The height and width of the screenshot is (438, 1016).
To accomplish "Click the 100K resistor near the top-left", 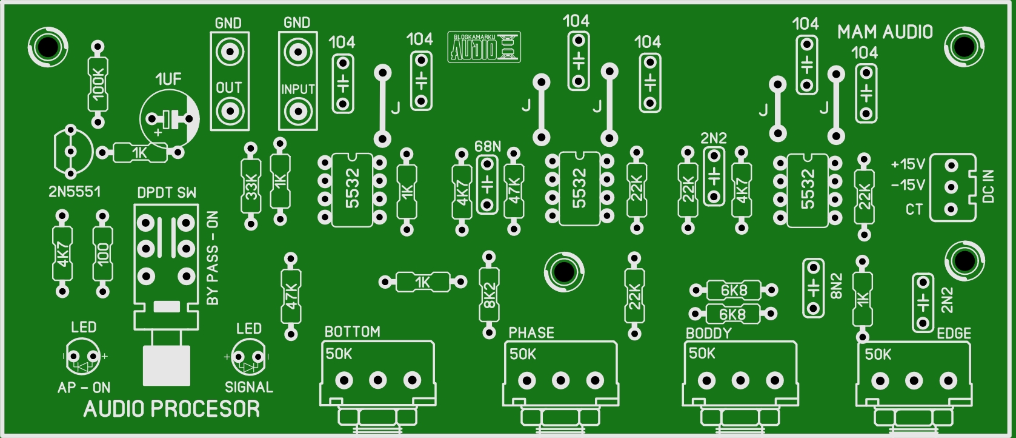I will tap(98, 84).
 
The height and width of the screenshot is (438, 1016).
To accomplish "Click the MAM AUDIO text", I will tap(885, 32).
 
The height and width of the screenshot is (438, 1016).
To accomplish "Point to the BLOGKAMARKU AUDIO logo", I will tap(484, 47).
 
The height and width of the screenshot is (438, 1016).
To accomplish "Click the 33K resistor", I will tap(250, 186).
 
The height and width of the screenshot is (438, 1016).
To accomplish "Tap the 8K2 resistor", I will tap(490, 295).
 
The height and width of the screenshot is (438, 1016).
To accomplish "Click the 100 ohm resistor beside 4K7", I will tap(102, 254).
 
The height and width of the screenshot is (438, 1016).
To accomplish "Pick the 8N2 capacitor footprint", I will tap(813, 288).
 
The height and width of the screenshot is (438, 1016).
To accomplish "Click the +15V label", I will tap(908, 164).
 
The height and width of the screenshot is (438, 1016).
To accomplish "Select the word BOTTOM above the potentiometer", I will tap(353, 332).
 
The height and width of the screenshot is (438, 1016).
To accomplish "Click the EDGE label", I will tap(954, 333).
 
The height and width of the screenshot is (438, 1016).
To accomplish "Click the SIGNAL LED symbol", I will tap(248, 358).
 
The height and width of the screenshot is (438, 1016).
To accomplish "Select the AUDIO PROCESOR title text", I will tap(171, 409).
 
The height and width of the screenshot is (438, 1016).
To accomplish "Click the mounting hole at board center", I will tap(563, 271).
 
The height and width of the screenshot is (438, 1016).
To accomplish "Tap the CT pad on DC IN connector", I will tap(951, 209).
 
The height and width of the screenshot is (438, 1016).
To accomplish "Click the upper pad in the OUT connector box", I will tap(230, 52).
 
